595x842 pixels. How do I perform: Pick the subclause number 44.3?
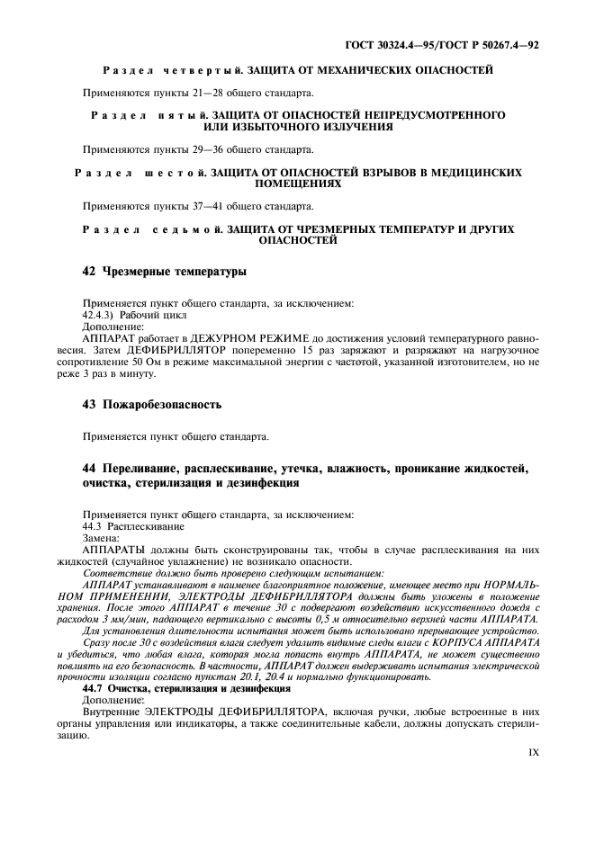point(92,525)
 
